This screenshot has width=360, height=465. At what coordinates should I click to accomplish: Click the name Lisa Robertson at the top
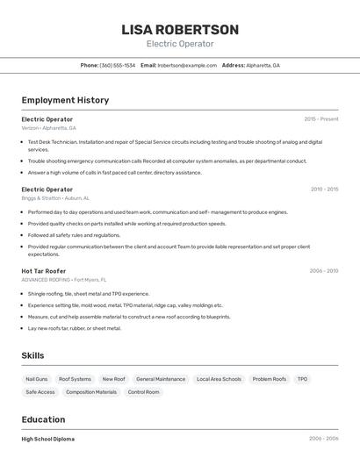coord(180,30)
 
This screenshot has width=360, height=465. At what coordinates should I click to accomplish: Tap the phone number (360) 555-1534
coord(118,65)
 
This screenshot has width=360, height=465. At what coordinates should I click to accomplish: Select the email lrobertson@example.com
coord(187,65)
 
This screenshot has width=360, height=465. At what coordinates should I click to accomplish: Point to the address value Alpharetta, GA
coord(263,65)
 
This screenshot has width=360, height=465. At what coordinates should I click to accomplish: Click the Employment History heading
coord(65,100)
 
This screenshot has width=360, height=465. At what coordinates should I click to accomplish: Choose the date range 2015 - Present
coord(320,118)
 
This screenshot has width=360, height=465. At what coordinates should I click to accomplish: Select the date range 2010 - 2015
coord(324,189)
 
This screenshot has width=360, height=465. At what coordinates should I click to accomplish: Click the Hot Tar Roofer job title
coord(44,271)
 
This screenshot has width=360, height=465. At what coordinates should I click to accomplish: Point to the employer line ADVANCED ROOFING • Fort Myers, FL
coord(64,280)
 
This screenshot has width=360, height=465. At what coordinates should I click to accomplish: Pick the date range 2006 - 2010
coord(323,271)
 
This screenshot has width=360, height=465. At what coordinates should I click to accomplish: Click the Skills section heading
coord(33,355)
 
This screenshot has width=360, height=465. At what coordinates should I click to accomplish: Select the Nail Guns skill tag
coord(37,379)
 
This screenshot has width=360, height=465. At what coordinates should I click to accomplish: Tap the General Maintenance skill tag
coord(161,379)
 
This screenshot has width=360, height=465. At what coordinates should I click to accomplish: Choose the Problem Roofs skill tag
coord(269,379)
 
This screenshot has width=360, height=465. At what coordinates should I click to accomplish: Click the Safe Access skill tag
coord(40,392)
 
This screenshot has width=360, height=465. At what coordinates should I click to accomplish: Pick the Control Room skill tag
coord(144,392)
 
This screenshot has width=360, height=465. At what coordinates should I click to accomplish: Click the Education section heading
coord(43,419)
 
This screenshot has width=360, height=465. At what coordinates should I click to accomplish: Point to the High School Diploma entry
coord(48,439)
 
